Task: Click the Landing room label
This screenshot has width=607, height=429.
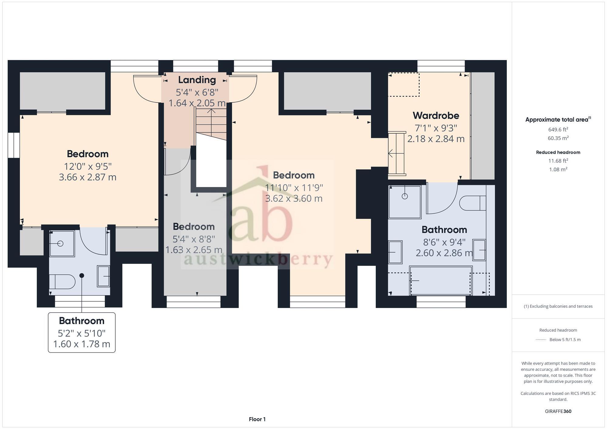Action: coord(197,80)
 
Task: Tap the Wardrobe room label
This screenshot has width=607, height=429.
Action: coord(436,116)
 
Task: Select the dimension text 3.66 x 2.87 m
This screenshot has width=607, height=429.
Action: coord(87,177)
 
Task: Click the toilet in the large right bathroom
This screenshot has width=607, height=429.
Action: coord(472,203)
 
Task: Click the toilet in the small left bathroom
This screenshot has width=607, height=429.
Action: coord(62,282)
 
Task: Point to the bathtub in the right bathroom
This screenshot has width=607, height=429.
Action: coord(441,280)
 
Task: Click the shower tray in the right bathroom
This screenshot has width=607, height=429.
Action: coord(405,202)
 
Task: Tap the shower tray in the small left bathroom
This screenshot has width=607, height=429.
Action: coord(62,243)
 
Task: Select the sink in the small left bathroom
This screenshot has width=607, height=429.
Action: coord(103,276)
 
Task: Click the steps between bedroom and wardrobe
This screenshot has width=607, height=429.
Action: coord(397,153)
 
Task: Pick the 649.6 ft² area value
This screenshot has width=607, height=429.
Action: coord(558,129)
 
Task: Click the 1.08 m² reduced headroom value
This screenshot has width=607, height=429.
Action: coord(558,169)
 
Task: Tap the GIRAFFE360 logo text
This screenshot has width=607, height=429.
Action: coord(558,411)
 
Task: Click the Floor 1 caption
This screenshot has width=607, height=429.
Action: coord(257,419)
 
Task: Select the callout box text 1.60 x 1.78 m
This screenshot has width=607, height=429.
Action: coord(81,344)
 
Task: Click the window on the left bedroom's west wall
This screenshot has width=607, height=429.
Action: coord(14,145)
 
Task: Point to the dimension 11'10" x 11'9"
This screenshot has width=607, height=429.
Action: coord(294,188)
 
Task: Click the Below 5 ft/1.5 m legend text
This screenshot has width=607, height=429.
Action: coord(565,340)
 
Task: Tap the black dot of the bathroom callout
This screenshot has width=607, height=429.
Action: coord(82,276)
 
